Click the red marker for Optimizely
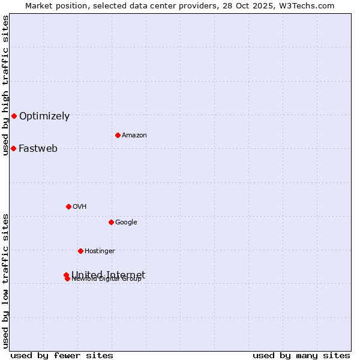pyautogui.click(x=14, y=116)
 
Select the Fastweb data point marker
pyautogui.click(x=13, y=148)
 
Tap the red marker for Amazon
pyautogui.click(x=118, y=135)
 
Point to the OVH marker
pyautogui.click(x=68, y=206)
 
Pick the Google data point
pyautogui.click(x=111, y=222)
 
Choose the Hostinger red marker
pyautogui.click(x=80, y=251)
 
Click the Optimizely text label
pyautogui.click(x=44, y=116)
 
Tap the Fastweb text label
pyautogui.click(x=38, y=149)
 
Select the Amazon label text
pyautogui.click(x=134, y=136)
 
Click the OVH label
pyautogui.click(x=80, y=207)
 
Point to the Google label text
pyautogui.click(x=126, y=223)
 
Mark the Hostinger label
pyautogui.click(x=100, y=251)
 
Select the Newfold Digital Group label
pyautogui.click(x=106, y=280)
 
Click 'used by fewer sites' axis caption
pyautogui.click(x=62, y=355)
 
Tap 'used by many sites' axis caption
pyautogui.click(x=301, y=355)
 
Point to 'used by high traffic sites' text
pyautogui.click(x=5, y=86)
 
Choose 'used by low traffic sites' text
pyautogui.click(x=5, y=281)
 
